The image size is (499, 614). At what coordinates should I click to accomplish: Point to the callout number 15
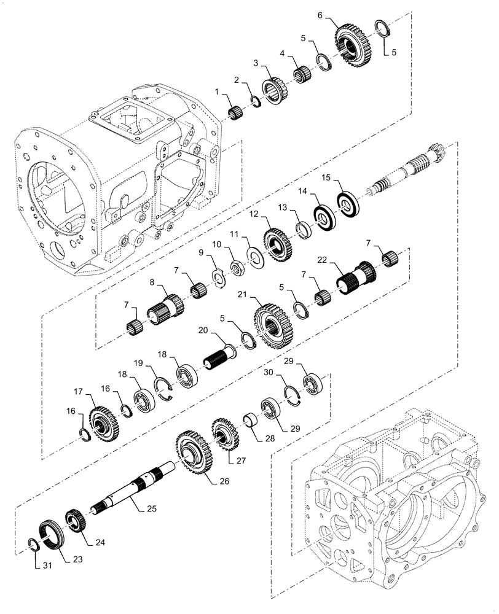coord(326,177)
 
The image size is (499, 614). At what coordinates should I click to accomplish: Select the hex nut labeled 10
coord(235,267)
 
